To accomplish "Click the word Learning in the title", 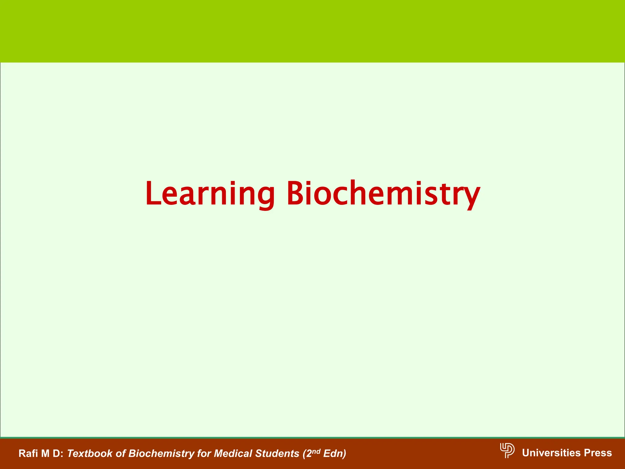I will (210, 194).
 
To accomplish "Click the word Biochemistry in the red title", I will (383, 194).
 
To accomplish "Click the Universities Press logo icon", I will (507, 450).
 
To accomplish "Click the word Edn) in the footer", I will (334, 453).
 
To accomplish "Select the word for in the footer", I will (204, 453).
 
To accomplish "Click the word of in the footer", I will (121, 453).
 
